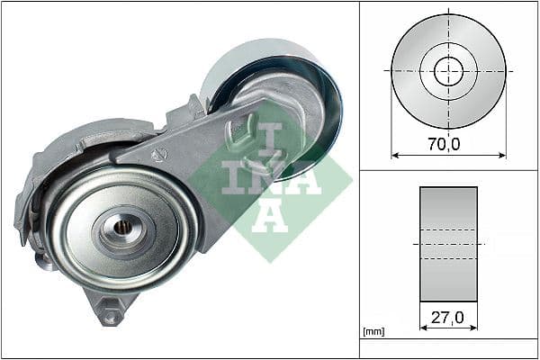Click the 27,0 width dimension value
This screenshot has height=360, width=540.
[448, 317]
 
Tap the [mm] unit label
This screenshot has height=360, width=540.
[372, 332]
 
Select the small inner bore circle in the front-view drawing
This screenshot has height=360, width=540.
[448, 71]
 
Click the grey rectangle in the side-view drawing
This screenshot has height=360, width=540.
[448, 244]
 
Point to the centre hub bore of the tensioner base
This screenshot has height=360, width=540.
[125, 228]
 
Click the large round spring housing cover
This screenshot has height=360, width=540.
[121, 225]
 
